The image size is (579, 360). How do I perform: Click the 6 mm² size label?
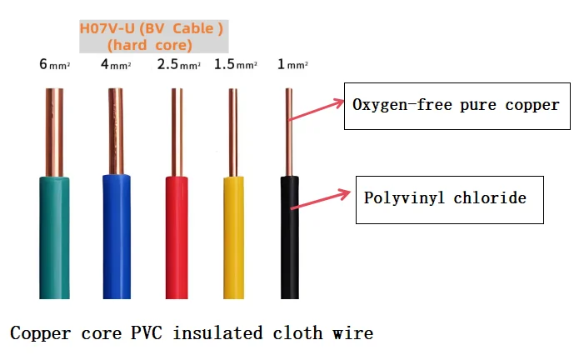55,64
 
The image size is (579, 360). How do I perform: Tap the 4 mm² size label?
116,64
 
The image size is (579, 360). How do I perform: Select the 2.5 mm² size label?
179,64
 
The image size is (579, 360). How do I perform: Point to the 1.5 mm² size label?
236,64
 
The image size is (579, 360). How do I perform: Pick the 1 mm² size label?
292,64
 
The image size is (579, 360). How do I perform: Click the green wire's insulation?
54,237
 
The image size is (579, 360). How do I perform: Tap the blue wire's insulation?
117,237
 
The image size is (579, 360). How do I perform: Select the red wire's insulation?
177,237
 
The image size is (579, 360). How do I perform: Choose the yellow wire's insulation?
233,237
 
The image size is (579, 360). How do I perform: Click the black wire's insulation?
290,237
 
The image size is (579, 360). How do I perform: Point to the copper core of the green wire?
54,132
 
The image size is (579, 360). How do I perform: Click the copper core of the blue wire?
116,132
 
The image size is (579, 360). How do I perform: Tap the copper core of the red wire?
177,132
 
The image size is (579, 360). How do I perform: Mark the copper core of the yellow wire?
233,132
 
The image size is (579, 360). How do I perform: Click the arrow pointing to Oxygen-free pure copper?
316,110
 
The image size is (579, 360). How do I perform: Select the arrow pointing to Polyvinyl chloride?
321,199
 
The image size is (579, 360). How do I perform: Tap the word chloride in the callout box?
490,197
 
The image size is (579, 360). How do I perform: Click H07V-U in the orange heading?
107,28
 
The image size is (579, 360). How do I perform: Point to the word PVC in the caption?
147,332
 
